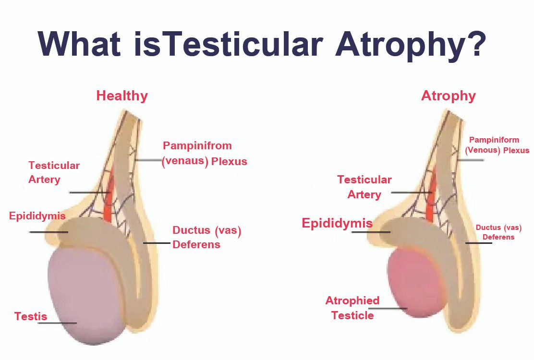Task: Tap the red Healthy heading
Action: coord(122,96)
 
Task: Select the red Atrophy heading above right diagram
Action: coord(448,96)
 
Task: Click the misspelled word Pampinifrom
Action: coord(197,145)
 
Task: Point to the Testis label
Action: coord(31,316)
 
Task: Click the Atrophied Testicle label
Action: coord(352,308)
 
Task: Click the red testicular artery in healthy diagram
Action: coord(109,196)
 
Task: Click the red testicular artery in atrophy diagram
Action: coord(431,196)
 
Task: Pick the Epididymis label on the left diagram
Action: coord(37,216)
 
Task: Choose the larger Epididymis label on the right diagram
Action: coord(337,223)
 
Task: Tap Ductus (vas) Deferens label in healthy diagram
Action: coord(206,237)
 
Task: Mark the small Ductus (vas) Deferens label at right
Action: coord(498,232)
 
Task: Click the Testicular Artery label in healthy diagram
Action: coord(54,172)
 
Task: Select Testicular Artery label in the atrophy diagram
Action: coord(364,187)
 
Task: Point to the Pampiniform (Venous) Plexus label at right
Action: coord(497,145)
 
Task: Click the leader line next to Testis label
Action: coord(57,323)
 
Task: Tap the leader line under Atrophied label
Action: coord(388,309)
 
